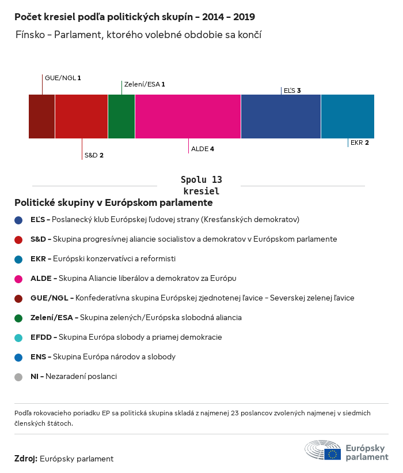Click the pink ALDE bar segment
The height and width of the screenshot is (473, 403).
[x=188, y=117]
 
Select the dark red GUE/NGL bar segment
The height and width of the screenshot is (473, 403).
[x=41, y=117]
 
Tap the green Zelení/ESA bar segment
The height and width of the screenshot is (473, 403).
[x=121, y=117]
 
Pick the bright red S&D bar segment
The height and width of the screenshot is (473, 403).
[x=81, y=117]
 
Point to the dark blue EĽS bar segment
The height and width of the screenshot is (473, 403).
[x=280, y=117]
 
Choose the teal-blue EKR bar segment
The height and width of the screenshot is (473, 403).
[x=347, y=117]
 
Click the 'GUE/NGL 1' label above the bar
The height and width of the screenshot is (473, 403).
[x=63, y=77]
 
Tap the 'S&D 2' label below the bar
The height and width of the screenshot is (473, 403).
[x=94, y=155]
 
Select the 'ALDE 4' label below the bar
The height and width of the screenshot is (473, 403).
[x=203, y=149]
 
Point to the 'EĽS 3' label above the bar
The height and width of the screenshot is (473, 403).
[x=292, y=91]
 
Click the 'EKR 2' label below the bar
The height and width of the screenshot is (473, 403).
[x=359, y=142]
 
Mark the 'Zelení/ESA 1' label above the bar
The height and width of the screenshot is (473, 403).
[x=145, y=84]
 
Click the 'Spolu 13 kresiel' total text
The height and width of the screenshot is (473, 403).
[x=201, y=185]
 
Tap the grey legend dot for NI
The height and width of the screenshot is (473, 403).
[x=19, y=377]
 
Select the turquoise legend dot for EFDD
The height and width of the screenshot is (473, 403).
[x=19, y=337]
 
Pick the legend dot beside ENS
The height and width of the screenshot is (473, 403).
[x=19, y=357]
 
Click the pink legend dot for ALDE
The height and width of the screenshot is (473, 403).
[x=19, y=279]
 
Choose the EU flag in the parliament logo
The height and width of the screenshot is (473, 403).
[x=332, y=454]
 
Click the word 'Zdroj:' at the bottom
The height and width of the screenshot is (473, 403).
[x=26, y=459]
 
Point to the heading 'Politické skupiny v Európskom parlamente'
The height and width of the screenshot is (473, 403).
[x=113, y=203]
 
